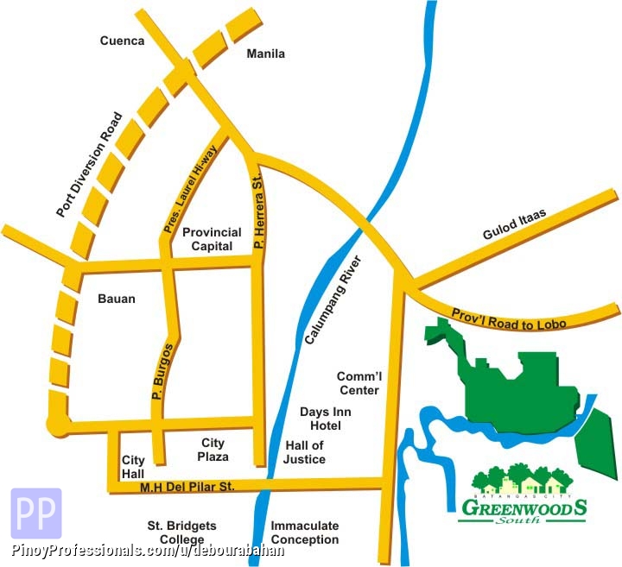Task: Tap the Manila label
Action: (265, 54)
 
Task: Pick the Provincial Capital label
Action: (207, 239)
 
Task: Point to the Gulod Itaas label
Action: (517, 226)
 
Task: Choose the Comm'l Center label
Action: (359, 383)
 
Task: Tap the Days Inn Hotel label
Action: (321, 419)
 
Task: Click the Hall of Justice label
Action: (304, 452)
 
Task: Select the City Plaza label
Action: (213, 450)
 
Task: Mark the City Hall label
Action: (133, 467)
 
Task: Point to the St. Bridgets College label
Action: (181, 532)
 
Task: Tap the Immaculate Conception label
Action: (305, 532)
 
